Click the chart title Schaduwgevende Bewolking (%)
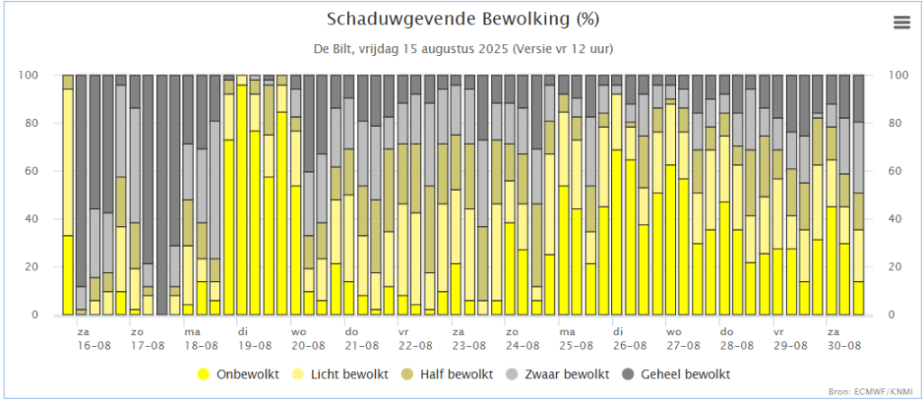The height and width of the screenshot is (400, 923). coord(462,19)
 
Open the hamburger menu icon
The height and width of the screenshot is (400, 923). coord(901,23)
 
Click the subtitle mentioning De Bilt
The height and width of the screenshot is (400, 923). coord(462,48)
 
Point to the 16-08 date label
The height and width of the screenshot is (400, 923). coord(95,345)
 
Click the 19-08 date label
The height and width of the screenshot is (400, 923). coord(255,345)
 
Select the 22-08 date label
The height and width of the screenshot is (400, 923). coord(416,345)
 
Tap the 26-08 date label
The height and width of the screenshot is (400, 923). coord(629,345)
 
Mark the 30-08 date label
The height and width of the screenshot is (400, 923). coord(843,345)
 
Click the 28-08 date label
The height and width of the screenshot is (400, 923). coord(736,345)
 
